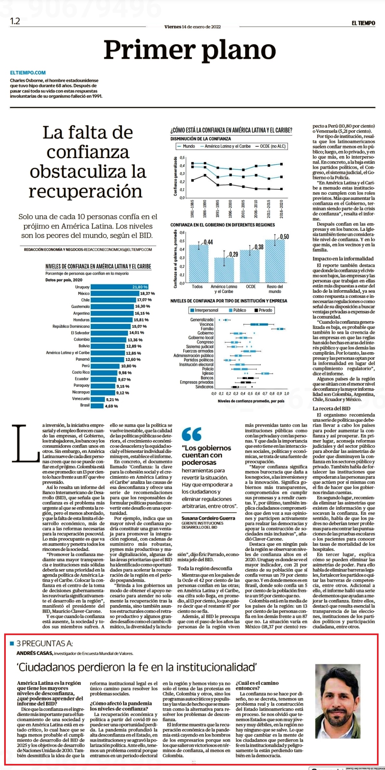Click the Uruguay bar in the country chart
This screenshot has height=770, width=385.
click(x=120, y=287)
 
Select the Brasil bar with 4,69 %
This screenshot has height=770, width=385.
click(x=97, y=406)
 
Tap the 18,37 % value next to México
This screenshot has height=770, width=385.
click(x=147, y=294)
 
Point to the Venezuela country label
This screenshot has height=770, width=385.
click(x=81, y=399)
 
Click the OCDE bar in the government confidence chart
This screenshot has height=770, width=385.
click(x=250, y=266)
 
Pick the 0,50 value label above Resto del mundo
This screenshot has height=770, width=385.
click(x=284, y=237)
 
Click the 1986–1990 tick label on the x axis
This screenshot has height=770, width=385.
click(x=205, y=209)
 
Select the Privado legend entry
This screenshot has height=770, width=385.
click(x=263, y=310)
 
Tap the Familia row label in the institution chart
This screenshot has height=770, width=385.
click(x=207, y=329)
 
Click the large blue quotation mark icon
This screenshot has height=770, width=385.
click(x=191, y=434)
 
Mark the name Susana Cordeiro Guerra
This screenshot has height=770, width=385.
click(x=208, y=518)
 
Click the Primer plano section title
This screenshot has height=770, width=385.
click(x=190, y=50)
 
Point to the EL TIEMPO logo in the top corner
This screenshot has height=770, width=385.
click(x=363, y=23)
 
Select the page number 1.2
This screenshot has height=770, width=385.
click(x=15, y=21)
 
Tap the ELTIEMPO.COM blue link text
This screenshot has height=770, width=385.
click(x=28, y=73)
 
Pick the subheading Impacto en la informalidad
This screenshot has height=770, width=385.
click(x=343, y=259)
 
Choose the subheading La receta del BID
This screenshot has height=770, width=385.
click(x=332, y=409)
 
